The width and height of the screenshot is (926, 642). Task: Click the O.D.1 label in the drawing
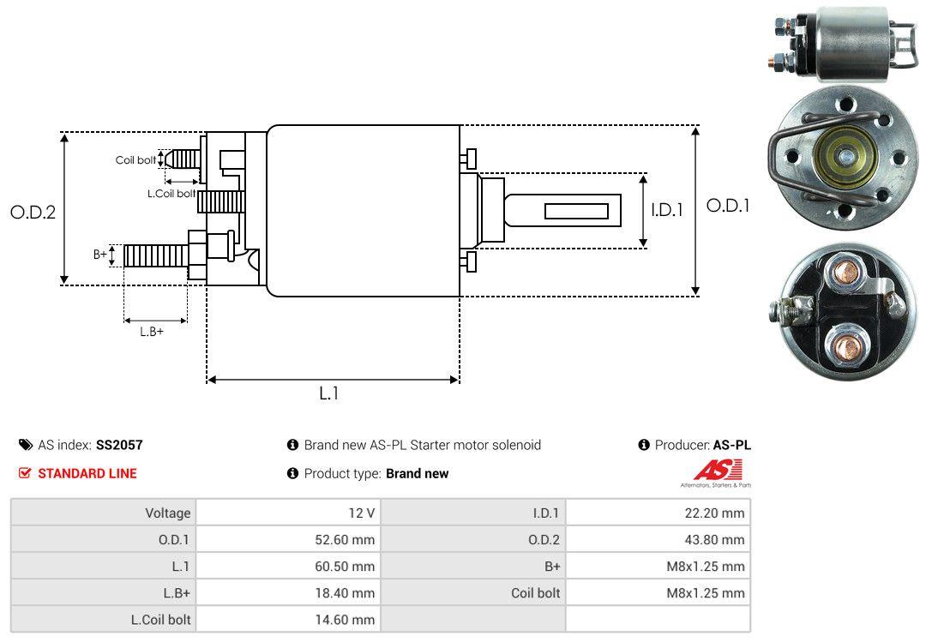727,206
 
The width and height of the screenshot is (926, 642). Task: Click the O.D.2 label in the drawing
33,212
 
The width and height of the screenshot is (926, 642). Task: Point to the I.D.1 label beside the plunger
666,209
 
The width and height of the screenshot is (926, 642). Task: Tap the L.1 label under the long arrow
329,393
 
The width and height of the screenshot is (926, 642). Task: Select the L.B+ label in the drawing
152,332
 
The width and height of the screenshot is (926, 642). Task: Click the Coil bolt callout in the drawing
135,160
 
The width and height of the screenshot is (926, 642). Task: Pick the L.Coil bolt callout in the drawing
171,194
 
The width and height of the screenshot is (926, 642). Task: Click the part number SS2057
119,445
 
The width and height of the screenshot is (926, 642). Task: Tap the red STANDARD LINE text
87,473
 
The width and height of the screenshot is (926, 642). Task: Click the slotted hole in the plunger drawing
576,211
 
